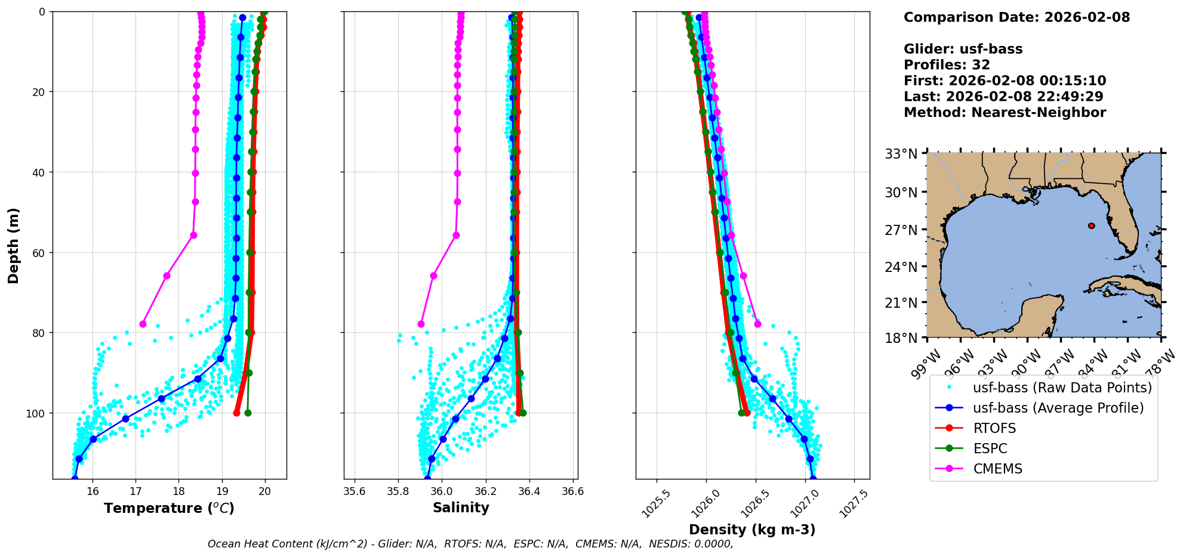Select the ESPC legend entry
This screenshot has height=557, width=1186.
tap(990, 448)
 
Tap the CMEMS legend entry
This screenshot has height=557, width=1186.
tap(997, 469)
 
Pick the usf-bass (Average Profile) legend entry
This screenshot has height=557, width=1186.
tap(1058, 408)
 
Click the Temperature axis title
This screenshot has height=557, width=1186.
tap(169, 508)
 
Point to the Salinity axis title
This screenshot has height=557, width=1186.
tap(461, 508)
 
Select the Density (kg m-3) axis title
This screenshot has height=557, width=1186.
tap(752, 530)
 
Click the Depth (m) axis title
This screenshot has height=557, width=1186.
tap(13, 246)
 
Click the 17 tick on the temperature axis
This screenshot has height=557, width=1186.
tap(135, 491)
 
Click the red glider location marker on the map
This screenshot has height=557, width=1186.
tap(1092, 225)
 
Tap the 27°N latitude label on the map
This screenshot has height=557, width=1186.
tap(901, 230)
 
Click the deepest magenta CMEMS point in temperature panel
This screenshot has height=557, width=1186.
tap(143, 324)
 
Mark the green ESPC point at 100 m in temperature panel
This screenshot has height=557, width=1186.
tap(248, 413)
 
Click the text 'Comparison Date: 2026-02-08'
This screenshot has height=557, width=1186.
tap(1016, 17)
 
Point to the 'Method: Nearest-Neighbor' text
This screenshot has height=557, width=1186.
tap(1005, 112)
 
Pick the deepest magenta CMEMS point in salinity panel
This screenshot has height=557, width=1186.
tap(421, 324)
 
